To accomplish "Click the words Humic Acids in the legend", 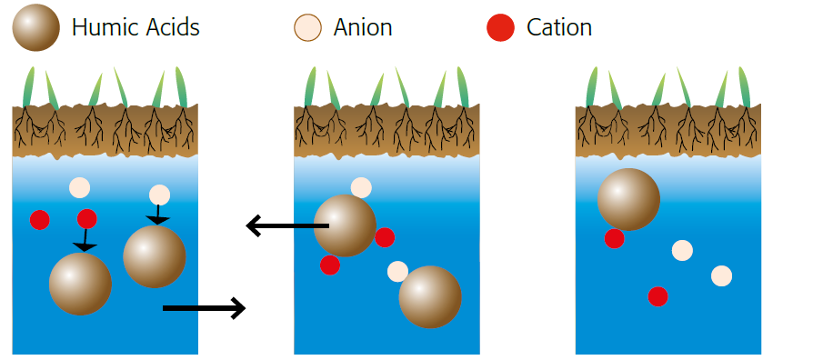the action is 135,27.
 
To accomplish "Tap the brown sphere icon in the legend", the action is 36,27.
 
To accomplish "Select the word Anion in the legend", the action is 362,27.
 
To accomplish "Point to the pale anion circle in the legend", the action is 307,28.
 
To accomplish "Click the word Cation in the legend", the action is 559,27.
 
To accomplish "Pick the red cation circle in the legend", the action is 501,28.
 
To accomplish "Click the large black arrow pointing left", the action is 287,226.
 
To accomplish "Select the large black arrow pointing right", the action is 205,308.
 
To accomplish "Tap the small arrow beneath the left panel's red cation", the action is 85,240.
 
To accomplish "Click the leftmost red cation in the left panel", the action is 40,220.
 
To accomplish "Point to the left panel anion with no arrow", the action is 80,188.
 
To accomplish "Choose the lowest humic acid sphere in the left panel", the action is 80,284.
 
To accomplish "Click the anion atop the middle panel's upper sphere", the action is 361,188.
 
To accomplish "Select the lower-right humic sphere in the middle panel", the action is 430,297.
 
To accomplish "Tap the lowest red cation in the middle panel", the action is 330,265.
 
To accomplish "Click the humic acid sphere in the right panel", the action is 628,199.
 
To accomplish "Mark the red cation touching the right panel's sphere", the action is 615,238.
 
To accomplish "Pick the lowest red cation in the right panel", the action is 657,296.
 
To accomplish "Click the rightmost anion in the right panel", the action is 722,276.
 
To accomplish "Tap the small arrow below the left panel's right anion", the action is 157,215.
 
